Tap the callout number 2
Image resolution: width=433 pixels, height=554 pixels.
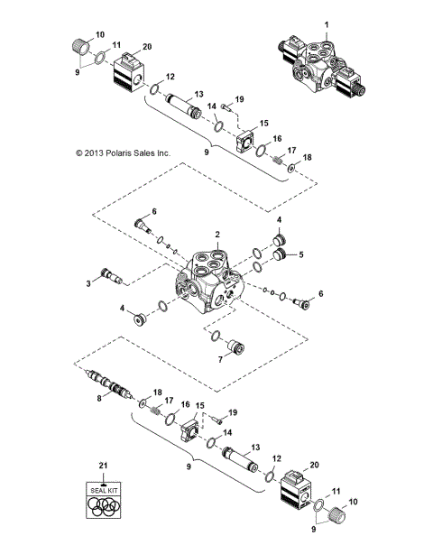click(217, 234)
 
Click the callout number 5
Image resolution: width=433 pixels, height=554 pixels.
click(301, 254)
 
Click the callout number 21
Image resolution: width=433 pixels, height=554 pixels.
click(103, 465)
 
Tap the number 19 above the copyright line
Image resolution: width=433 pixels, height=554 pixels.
click(239, 98)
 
